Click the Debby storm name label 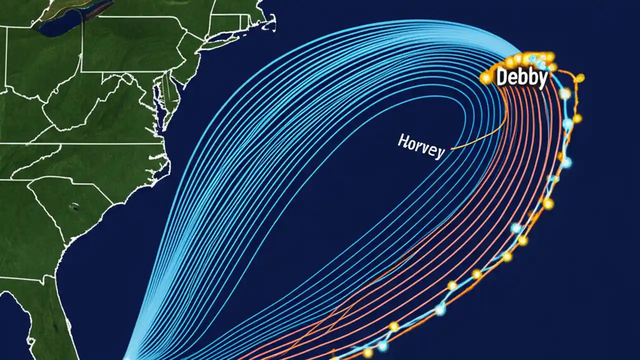(x=521, y=78)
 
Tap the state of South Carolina (x=75, y=205)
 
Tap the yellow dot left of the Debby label (x=484, y=78)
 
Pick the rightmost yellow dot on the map (x=580, y=77)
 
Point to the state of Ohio (x=30, y=60)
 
